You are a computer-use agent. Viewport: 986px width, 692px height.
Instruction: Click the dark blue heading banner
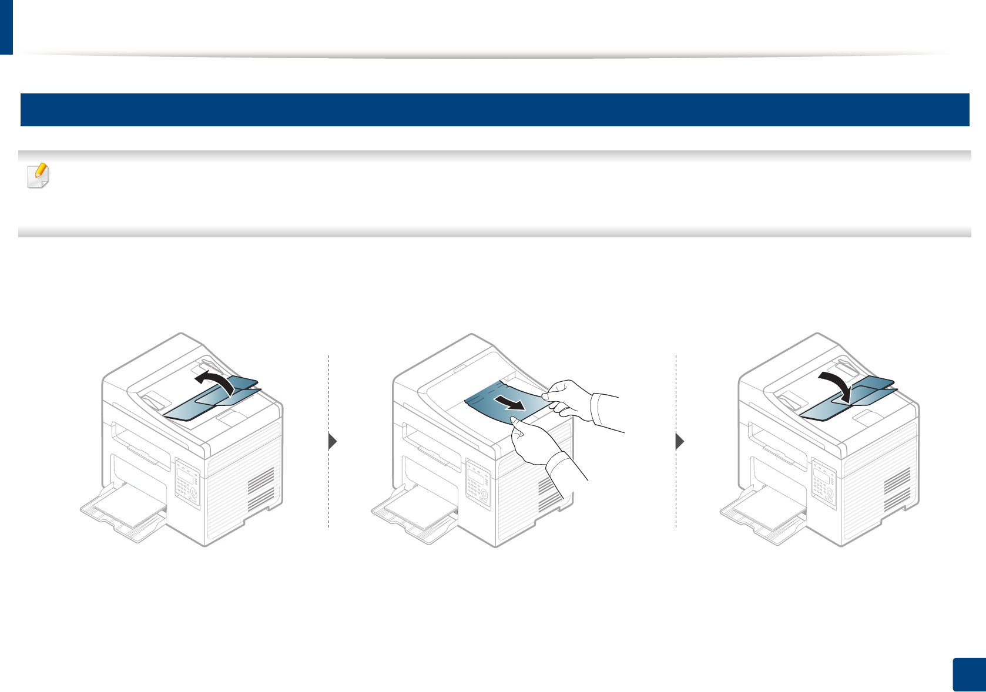click(x=494, y=110)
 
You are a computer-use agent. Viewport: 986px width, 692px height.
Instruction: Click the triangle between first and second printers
click(x=333, y=441)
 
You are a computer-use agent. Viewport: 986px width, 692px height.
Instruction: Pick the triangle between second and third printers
click(x=680, y=441)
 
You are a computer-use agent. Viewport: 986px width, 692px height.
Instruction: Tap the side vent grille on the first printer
click(x=260, y=491)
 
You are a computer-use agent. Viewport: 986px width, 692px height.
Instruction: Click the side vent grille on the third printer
click(x=897, y=491)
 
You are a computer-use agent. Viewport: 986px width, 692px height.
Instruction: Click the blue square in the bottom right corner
click(x=968, y=675)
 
